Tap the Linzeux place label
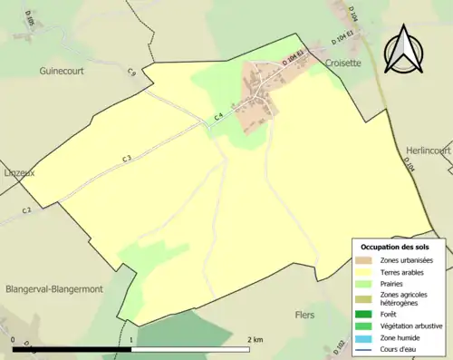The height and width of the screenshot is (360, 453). click(20, 170)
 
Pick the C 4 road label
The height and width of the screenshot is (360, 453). click(217, 115)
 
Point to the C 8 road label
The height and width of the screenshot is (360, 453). click(131, 72)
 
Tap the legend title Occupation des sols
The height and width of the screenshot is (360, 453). click(394, 247)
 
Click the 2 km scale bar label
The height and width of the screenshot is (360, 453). click(255, 339)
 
